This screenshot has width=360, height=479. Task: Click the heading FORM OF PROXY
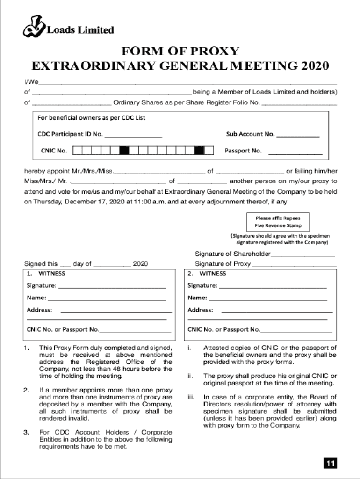180,51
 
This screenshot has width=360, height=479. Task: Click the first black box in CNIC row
124,151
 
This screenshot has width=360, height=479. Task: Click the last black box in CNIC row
199,151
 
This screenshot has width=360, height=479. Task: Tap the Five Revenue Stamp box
278,222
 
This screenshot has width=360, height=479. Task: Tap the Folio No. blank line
299,103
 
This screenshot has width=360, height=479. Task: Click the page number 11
330,463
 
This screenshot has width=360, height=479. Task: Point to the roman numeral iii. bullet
191,398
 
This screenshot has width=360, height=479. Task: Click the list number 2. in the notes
27,390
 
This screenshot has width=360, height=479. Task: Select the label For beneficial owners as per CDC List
91,118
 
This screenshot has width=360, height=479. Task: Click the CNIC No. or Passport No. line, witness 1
135,330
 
